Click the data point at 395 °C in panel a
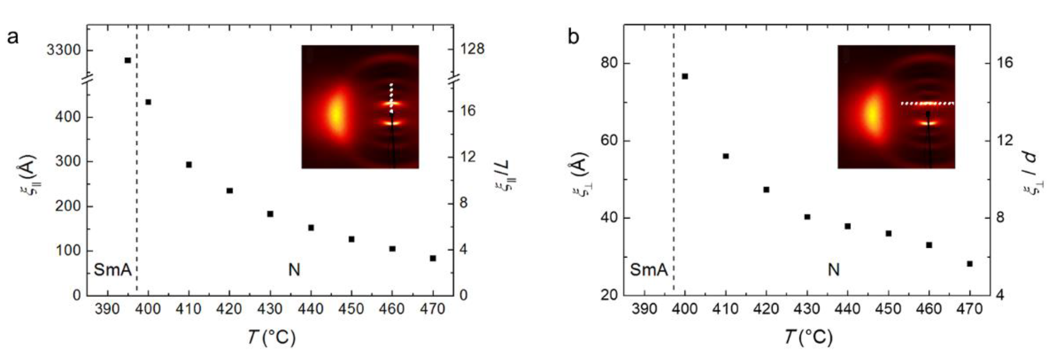coord(128,60)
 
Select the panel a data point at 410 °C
coord(189,165)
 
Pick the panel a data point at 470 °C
coord(433,258)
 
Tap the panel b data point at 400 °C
coord(685,76)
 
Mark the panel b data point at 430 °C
coord(807,217)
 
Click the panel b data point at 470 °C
coord(970,264)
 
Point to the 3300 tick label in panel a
coord(64,51)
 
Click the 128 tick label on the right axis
coord(472,49)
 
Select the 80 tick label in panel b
coord(609,64)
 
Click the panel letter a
coord(13,37)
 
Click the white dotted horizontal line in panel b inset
coord(927,103)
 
